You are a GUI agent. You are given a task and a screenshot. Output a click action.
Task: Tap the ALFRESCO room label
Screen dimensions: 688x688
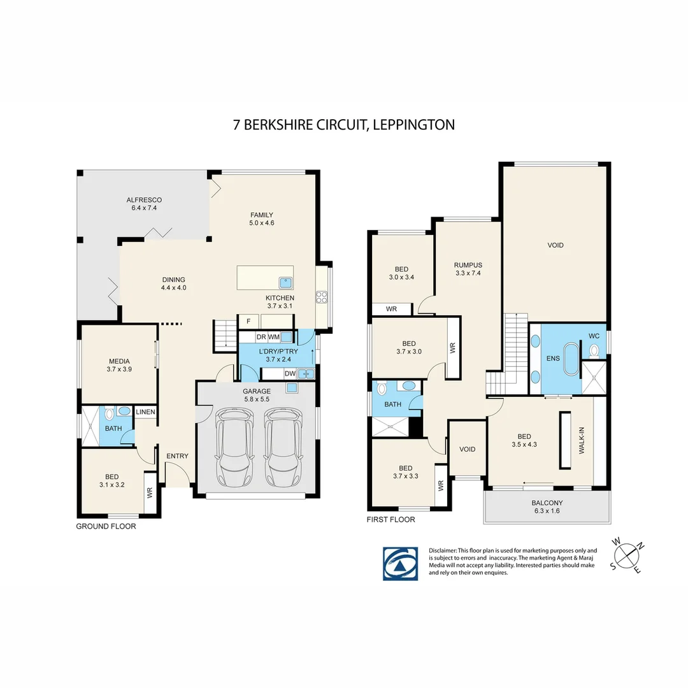pyautogui.click(x=144, y=204)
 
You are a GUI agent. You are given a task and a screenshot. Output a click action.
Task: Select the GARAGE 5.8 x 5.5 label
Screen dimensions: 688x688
pyautogui.click(x=256, y=396)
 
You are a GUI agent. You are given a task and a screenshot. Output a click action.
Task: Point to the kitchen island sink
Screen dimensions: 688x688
pyautogui.click(x=284, y=281)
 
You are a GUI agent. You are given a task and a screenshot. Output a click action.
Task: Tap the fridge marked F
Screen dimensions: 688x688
pyautogui.click(x=248, y=321)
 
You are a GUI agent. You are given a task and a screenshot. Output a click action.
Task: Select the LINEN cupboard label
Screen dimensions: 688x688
pyautogui.click(x=145, y=413)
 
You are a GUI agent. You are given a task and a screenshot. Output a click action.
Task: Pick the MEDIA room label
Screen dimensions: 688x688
pyautogui.click(x=118, y=365)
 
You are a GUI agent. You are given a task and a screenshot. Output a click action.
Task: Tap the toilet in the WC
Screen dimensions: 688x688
pyautogui.click(x=594, y=350)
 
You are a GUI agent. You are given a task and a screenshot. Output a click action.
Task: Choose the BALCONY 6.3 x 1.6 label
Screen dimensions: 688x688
pyautogui.click(x=547, y=506)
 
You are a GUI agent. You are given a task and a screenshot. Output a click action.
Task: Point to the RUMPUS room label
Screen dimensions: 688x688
pyautogui.click(x=468, y=269)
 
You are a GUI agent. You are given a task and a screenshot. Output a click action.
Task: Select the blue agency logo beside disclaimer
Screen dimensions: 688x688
pyautogui.click(x=400, y=563)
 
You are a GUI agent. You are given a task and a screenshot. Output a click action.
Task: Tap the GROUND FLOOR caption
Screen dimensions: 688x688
pyautogui.click(x=106, y=526)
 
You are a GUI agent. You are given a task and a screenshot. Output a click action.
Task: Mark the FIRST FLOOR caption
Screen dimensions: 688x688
pyautogui.click(x=391, y=519)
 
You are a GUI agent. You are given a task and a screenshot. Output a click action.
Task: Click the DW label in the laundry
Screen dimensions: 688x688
pyautogui.click(x=289, y=374)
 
